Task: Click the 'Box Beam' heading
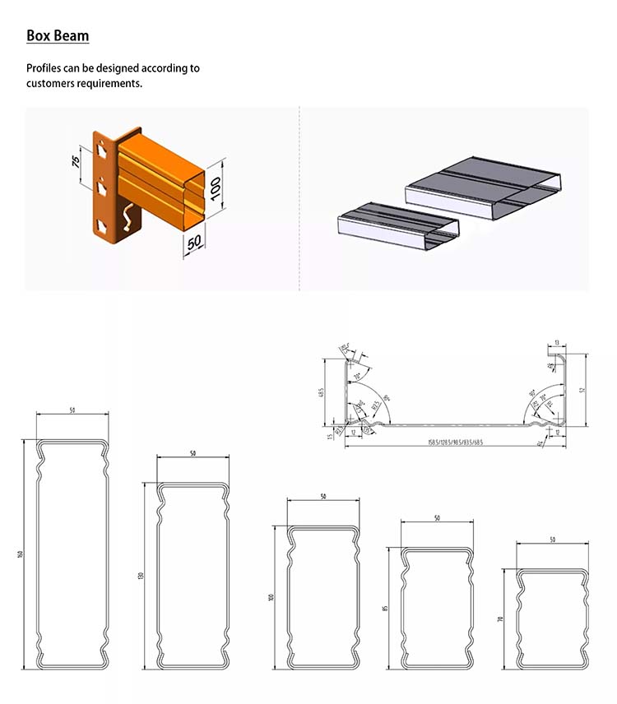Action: tap(58, 36)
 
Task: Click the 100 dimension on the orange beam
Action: tap(216, 190)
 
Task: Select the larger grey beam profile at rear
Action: tap(485, 187)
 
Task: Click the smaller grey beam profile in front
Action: tap(399, 222)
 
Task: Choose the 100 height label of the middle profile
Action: tap(271, 596)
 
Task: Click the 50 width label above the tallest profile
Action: tap(72, 410)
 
